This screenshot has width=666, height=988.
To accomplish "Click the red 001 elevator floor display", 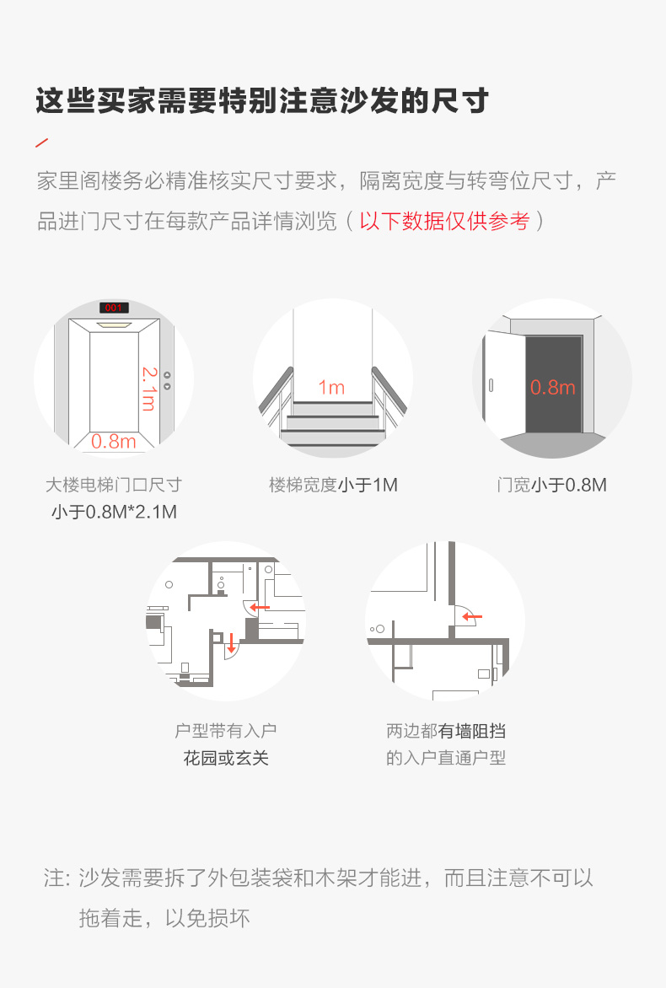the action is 114,308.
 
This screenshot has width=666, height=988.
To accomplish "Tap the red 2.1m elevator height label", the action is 148,388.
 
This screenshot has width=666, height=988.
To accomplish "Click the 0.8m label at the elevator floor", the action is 114,441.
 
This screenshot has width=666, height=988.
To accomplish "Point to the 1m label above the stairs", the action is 331,387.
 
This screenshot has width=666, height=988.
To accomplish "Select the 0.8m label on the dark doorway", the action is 552,387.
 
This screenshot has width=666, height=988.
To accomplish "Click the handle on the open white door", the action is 491,384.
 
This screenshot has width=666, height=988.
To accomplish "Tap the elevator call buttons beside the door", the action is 167,380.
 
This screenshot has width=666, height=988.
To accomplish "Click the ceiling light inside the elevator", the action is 114,325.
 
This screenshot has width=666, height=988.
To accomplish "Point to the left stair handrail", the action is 277,390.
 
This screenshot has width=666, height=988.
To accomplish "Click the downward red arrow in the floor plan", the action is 231,642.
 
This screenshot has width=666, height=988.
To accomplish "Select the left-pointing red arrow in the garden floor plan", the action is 260,608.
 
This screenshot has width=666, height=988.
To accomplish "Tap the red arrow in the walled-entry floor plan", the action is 472,617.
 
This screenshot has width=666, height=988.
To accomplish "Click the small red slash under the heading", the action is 42,143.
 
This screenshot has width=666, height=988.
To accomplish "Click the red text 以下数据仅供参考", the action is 445,221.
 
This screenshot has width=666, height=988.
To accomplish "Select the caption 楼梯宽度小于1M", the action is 333,486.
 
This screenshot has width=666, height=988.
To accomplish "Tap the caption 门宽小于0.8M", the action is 552,486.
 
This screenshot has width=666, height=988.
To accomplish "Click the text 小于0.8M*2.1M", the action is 114,512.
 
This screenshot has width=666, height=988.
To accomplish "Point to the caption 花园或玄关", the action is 226,757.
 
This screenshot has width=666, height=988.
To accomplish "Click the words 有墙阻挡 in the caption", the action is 472,731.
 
